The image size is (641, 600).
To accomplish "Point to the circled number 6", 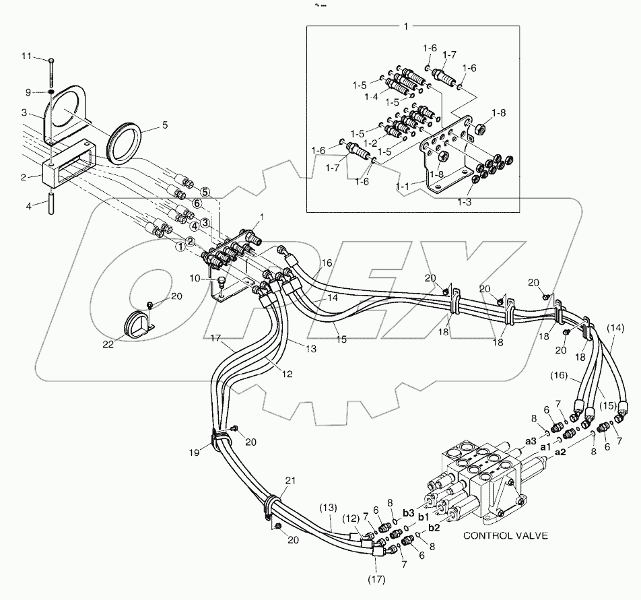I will tap(197, 203).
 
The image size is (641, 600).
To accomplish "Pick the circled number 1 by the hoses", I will tap(179, 247).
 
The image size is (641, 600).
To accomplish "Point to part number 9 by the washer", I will tap(29, 92).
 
